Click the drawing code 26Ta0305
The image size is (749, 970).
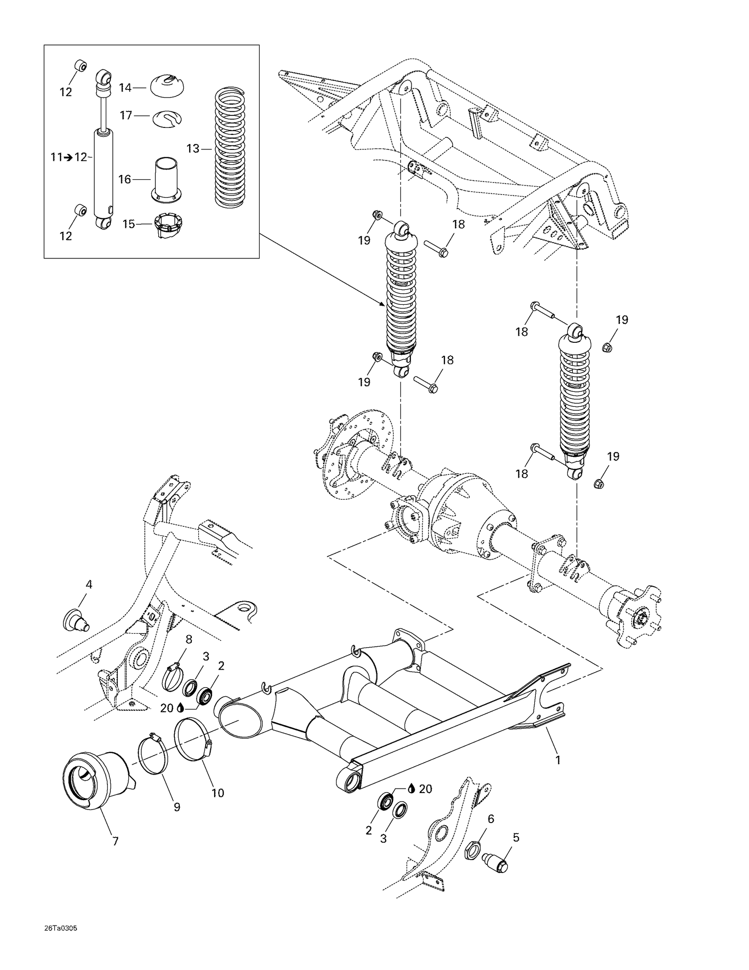60,929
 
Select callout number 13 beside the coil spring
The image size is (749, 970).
193,148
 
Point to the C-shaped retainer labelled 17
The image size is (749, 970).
166,119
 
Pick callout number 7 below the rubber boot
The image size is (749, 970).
115,841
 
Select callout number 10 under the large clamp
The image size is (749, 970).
218,793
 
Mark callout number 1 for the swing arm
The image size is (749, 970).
558,760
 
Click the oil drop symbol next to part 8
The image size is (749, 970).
180,709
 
